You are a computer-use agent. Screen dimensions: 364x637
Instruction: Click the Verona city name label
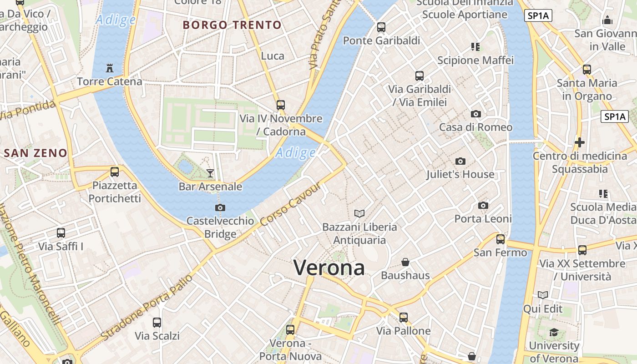click(329, 268)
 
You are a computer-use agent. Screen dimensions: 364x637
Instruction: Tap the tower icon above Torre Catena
click(109, 68)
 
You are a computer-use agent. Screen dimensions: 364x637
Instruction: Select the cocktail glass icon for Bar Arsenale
click(210, 173)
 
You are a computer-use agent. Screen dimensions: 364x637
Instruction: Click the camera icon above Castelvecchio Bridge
click(220, 208)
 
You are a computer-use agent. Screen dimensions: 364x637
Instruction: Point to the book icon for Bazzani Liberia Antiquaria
click(359, 213)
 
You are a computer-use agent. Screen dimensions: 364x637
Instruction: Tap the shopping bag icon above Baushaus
click(405, 262)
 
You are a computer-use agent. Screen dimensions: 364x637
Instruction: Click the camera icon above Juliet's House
click(460, 161)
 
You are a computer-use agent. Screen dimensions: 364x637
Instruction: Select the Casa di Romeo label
click(475, 127)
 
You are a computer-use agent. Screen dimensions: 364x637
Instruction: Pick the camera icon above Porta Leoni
click(483, 206)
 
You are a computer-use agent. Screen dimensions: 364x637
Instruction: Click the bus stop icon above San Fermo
click(500, 239)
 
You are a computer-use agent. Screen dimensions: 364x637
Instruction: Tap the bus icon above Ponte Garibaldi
click(381, 27)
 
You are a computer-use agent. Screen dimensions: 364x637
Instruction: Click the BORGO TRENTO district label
click(232, 25)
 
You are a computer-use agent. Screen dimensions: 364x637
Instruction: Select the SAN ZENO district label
click(35, 153)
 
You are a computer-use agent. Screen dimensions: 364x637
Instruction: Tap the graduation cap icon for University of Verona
click(554, 333)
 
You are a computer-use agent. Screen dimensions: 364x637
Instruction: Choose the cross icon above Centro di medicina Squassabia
click(579, 142)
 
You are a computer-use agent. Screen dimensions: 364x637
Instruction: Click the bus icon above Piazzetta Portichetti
click(115, 172)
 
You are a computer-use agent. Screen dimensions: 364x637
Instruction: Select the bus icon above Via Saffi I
click(61, 233)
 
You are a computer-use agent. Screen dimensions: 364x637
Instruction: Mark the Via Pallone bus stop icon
click(404, 318)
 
